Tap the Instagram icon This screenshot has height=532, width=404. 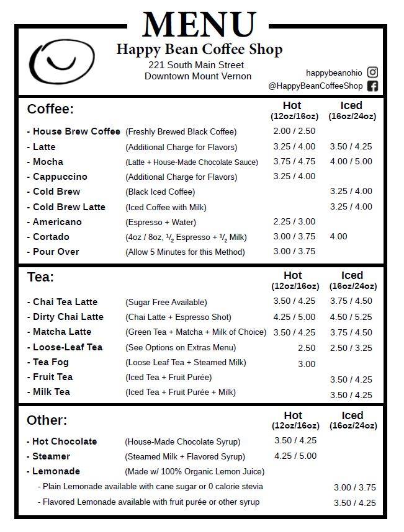point(372,73)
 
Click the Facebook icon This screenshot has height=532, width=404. point(372,86)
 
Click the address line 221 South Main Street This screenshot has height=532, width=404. point(196,65)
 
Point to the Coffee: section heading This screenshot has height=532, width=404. point(50,109)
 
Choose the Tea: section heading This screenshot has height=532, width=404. point(40,277)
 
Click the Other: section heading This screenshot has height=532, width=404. point(47,420)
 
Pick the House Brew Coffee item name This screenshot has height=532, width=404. point(76,131)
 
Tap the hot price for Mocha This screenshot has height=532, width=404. point(294,162)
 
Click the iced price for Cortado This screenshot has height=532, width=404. point(339,236)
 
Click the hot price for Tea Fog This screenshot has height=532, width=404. point(307,364)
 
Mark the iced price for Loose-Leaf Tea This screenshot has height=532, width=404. point(351,348)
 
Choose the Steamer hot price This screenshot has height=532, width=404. point(295,456)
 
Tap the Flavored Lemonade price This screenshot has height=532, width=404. point(355,503)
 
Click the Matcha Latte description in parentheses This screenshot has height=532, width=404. point(195,332)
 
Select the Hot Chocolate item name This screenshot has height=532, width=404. point(65,441)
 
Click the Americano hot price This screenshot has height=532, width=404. point(294,221)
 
